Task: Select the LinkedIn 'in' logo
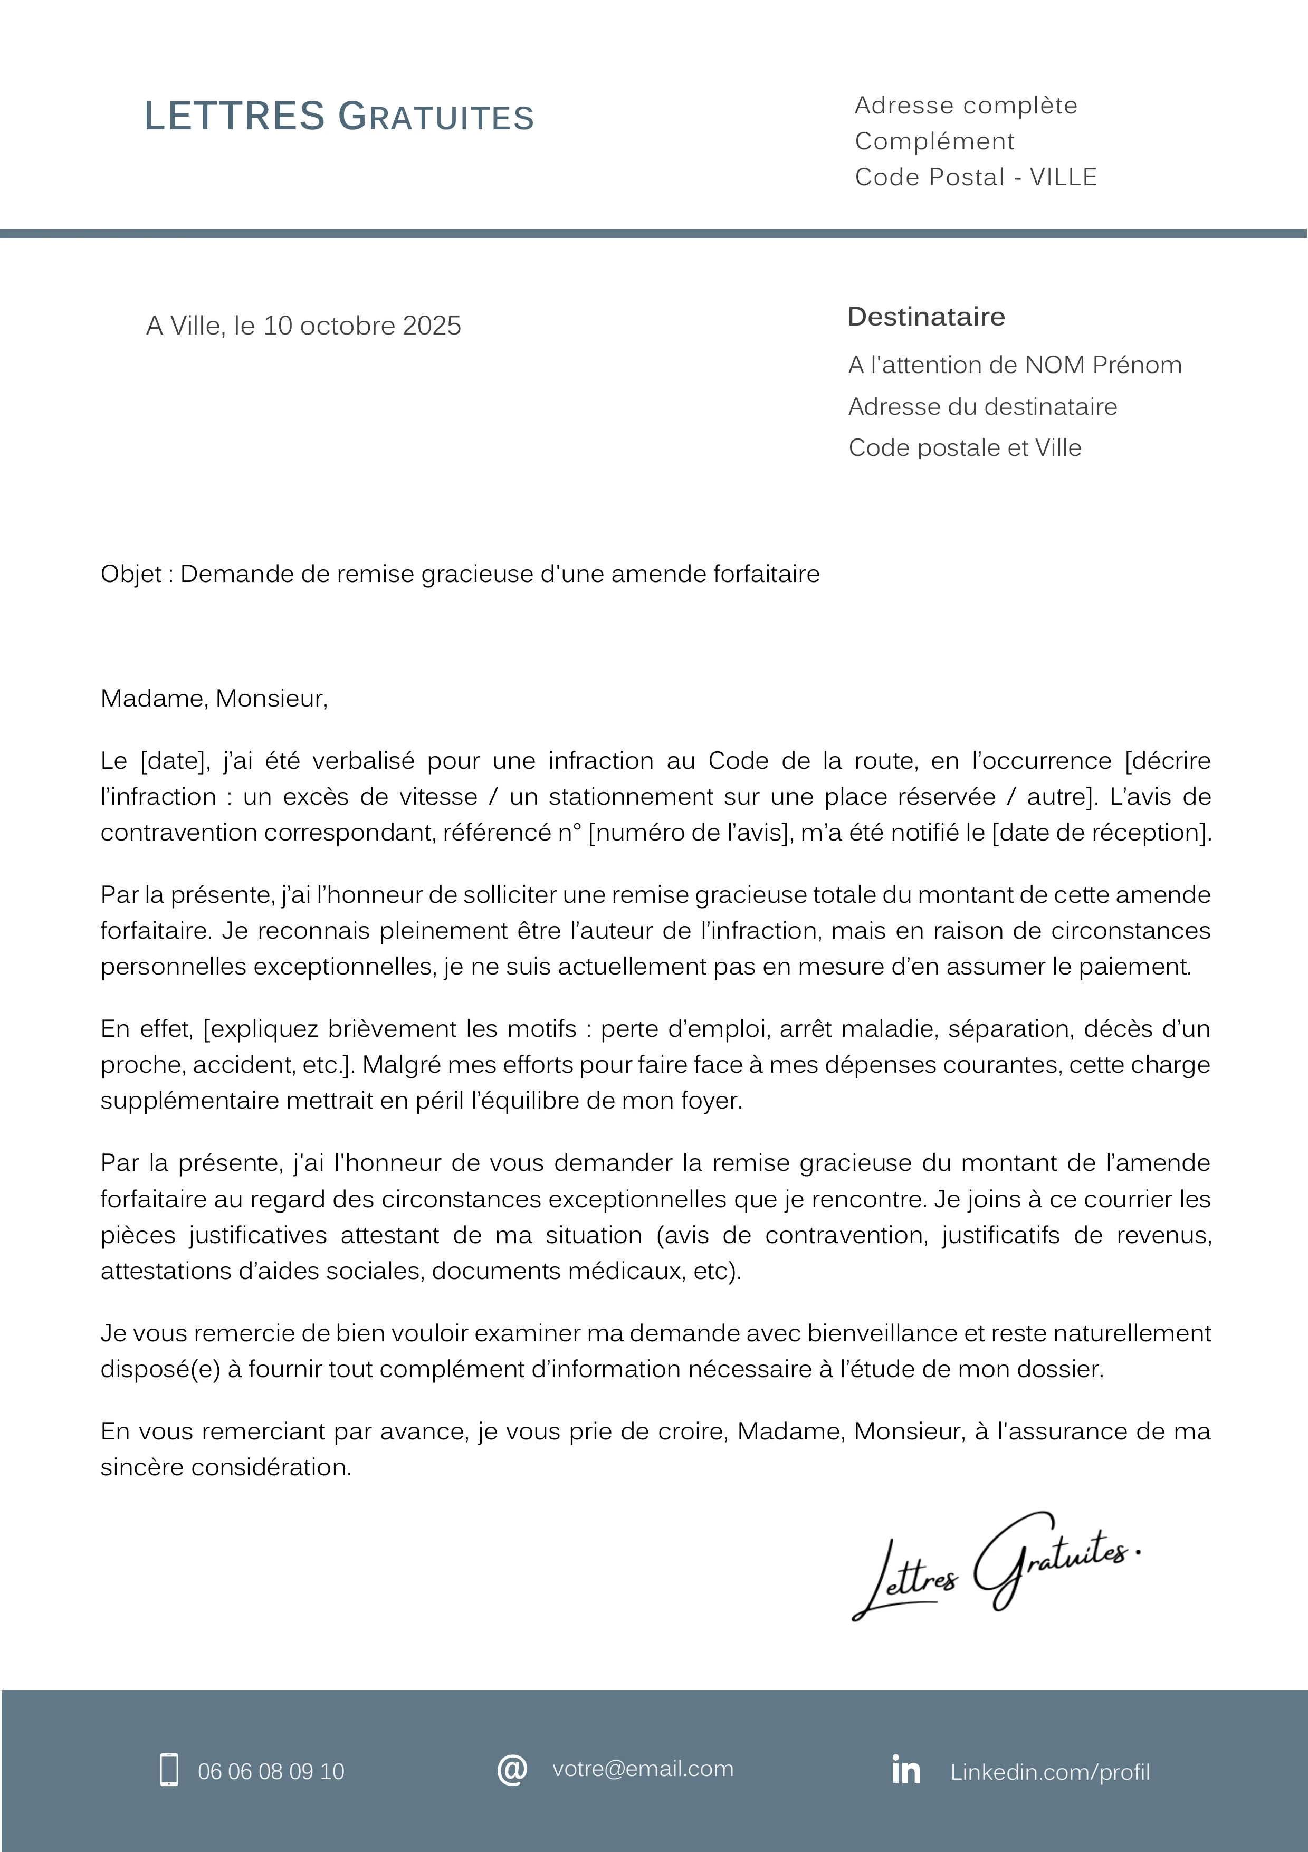[x=905, y=1770]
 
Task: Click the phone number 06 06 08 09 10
[x=271, y=1771]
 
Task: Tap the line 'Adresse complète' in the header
[x=965, y=106]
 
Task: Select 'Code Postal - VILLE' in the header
[x=976, y=177]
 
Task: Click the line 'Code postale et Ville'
[x=965, y=447]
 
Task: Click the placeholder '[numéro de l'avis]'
[x=689, y=833]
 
